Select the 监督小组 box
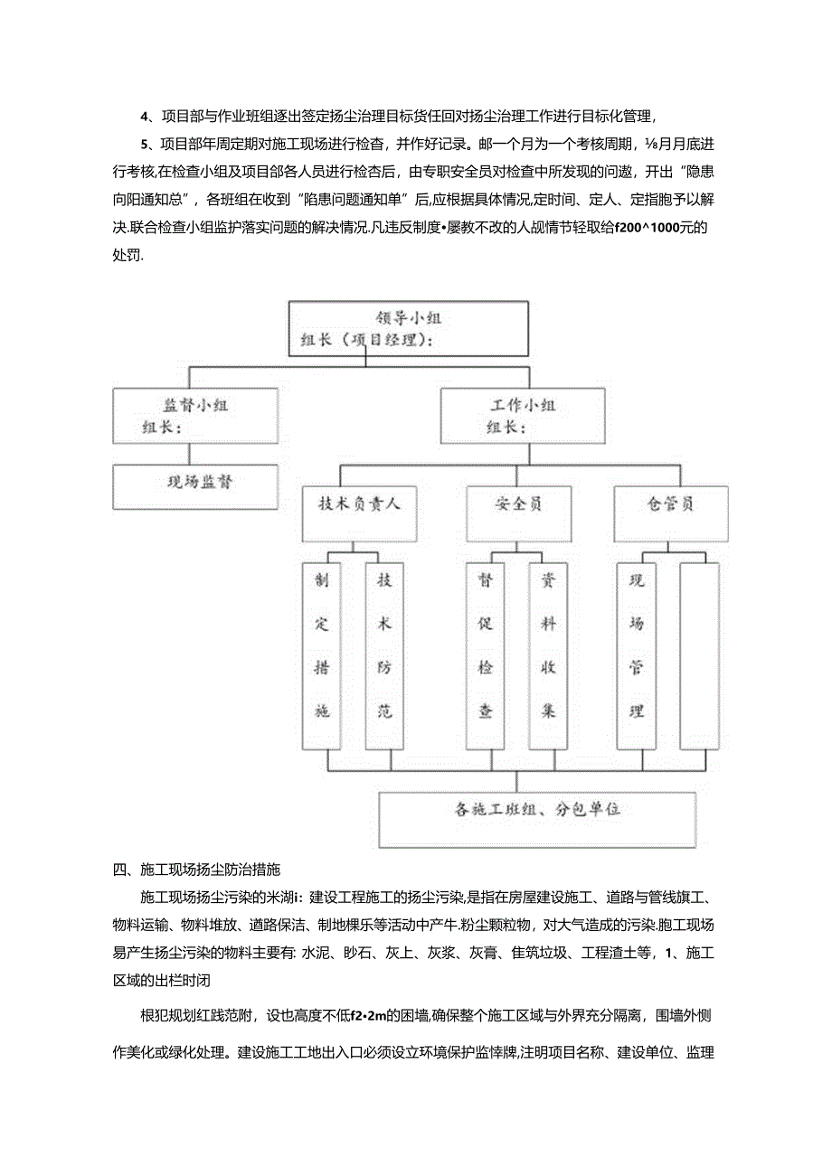tap(194, 416)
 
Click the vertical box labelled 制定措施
tap(323, 655)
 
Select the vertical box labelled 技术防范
tap(384, 655)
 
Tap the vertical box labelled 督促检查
tap(487, 655)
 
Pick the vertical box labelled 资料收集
tap(548, 655)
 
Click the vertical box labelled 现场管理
tap(637, 655)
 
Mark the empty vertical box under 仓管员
tap(699, 655)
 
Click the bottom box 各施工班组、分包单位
tap(537, 819)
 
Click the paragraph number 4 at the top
tap(145, 115)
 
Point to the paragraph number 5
tap(145, 143)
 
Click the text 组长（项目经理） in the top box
tap(366, 341)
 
